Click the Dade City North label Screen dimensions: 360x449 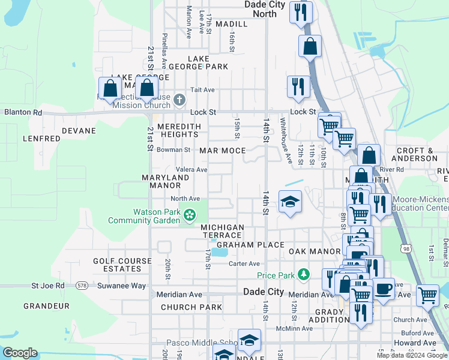pyautogui.click(x=265, y=9)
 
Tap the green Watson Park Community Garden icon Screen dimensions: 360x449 pyautogui.click(x=190, y=214)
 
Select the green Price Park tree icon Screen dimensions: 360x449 pyautogui.click(x=304, y=275)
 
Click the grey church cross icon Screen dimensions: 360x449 pyautogui.click(x=179, y=100)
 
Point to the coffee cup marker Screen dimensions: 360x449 pyautogui.click(x=384, y=290)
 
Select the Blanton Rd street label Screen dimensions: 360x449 pyautogui.click(x=23, y=112)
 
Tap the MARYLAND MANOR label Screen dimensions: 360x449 pyautogui.click(x=166, y=182)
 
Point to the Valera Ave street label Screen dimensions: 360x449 pyautogui.click(x=191, y=170)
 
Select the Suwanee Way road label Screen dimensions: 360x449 pyautogui.click(x=122, y=286)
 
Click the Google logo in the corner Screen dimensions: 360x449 pyautogui.click(x=20, y=353)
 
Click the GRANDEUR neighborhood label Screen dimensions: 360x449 pyautogui.click(x=47, y=306)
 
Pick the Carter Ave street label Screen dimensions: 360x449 pyautogui.click(x=244, y=263)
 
